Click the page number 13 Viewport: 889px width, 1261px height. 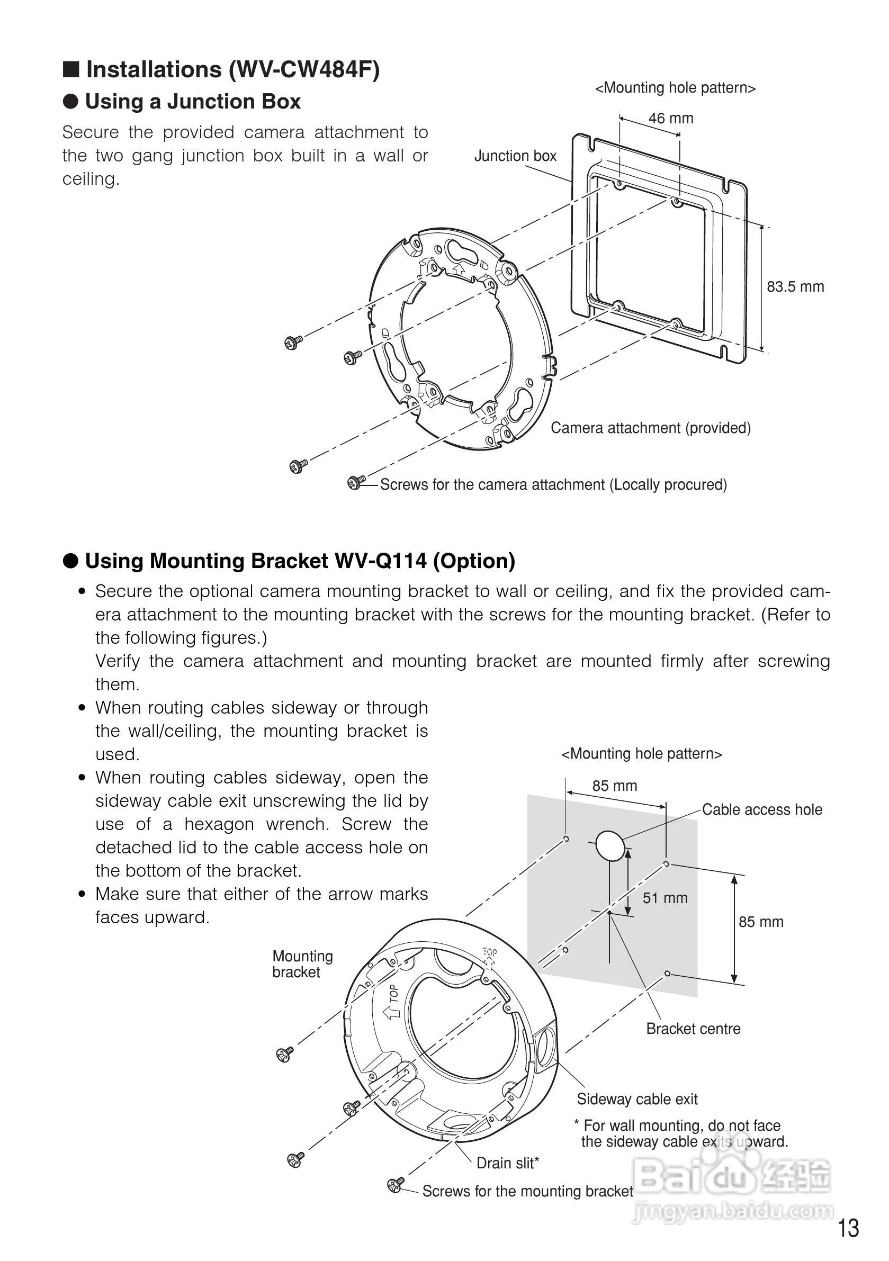(x=848, y=1228)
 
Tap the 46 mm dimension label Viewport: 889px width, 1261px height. (x=670, y=118)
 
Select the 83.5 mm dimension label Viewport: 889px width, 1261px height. (x=795, y=287)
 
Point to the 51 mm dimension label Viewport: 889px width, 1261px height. (x=665, y=898)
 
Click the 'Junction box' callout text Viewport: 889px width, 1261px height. (x=515, y=156)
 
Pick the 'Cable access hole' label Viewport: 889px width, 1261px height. (x=761, y=809)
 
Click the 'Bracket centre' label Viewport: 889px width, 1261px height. (x=693, y=1029)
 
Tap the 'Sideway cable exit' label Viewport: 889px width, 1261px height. (x=637, y=1099)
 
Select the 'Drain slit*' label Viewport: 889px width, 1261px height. (x=507, y=1163)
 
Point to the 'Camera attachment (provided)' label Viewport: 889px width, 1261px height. (x=651, y=428)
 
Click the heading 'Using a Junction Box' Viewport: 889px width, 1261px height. (x=192, y=102)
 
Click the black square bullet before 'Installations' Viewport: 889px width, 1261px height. (x=71, y=70)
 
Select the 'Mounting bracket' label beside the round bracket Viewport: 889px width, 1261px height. (x=302, y=964)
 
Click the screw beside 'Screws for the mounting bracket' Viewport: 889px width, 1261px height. (x=395, y=1185)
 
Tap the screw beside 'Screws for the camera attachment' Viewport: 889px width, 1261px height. (x=355, y=483)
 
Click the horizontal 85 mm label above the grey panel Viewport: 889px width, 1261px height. (x=614, y=786)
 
